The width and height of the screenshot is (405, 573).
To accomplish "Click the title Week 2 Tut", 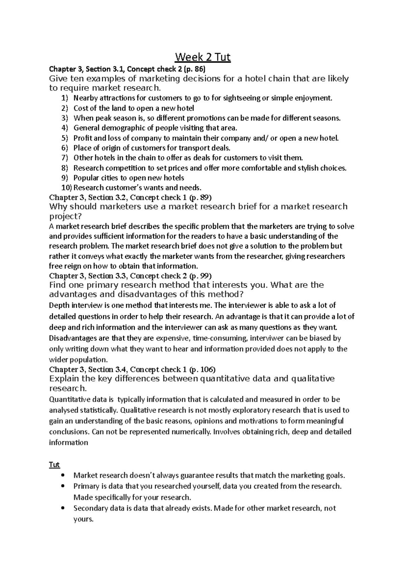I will click(202, 57).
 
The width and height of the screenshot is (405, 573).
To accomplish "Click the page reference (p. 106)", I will click(202, 369).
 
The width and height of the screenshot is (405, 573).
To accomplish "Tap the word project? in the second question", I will click(66, 216).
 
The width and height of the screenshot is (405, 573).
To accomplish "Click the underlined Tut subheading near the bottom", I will click(54, 465).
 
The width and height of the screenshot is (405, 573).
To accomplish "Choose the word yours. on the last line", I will click(83, 519).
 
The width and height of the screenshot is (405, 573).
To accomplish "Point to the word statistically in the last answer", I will click(99, 410).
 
